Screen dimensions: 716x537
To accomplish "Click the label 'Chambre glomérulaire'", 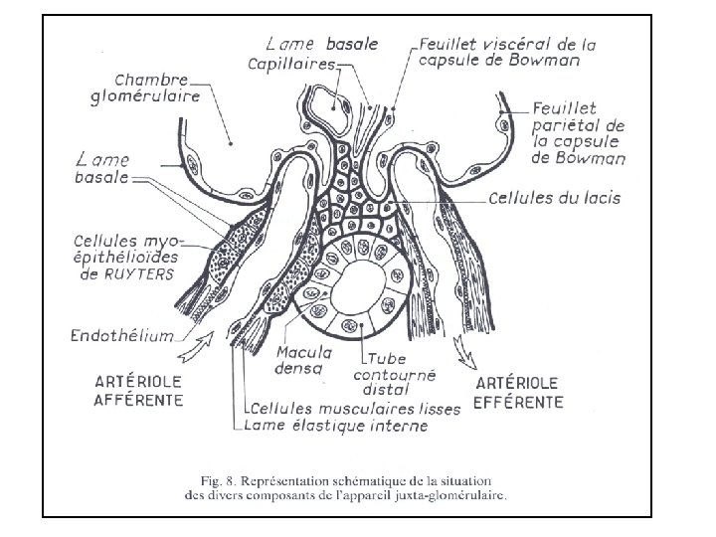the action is (x=158, y=88).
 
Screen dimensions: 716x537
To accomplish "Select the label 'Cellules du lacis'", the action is (x=555, y=198).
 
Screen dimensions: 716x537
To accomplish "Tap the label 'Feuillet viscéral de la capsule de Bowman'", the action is (x=507, y=51).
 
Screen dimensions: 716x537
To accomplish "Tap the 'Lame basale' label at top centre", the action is (x=307, y=44).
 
